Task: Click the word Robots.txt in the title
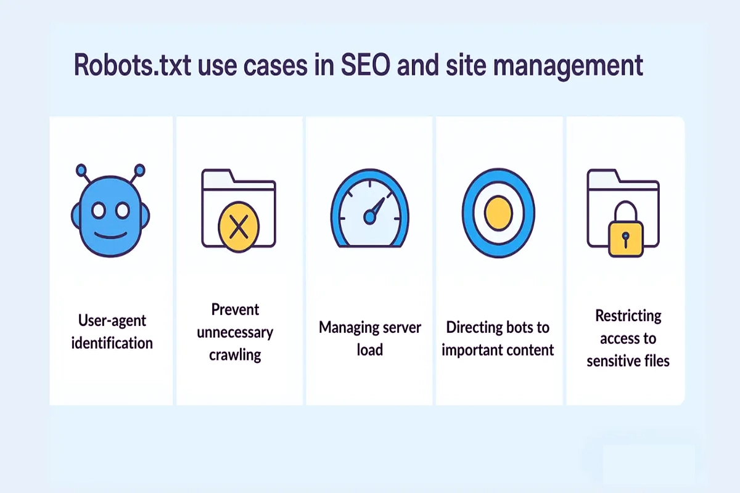tap(132, 65)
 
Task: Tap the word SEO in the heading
tap(365, 65)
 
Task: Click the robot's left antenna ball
tap(81, 170)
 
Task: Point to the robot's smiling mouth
tap(110, 235)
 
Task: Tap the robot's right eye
tap(123, 211)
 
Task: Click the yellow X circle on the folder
tap(239, 227)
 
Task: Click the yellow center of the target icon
tap(498, 213)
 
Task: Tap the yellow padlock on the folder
tap(626, 229)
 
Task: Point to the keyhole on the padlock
tap(625, 239)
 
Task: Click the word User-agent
tap(112, 321)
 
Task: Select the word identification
tap(112, 343)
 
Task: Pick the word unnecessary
tap(235, 333)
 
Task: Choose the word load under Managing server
tap(369, 349)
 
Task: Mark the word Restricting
tap(628, 317)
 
